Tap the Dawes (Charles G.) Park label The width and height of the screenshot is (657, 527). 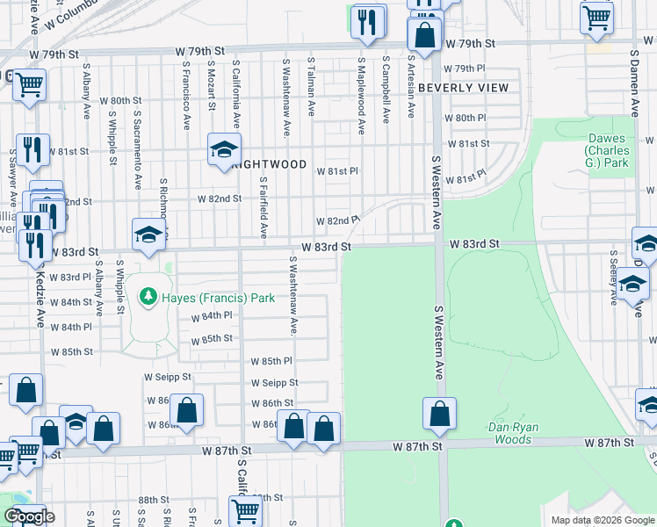point(607,151)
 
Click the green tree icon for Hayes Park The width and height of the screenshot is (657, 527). point(149,298)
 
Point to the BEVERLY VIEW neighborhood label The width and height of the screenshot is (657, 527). point(464,88)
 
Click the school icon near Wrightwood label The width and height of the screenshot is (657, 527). point(224,148)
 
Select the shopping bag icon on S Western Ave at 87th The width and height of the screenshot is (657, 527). point(439,415)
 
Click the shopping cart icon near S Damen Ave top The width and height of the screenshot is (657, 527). point(596,17)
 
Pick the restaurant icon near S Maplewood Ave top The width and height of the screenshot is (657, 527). point(368,21)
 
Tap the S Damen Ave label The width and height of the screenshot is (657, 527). point(634,83)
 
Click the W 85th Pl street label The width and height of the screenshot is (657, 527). point(271,361)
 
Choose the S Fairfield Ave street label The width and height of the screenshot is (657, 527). point(264,206)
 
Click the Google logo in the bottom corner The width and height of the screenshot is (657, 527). point(29,517)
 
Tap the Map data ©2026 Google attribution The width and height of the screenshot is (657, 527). point(603,520)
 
